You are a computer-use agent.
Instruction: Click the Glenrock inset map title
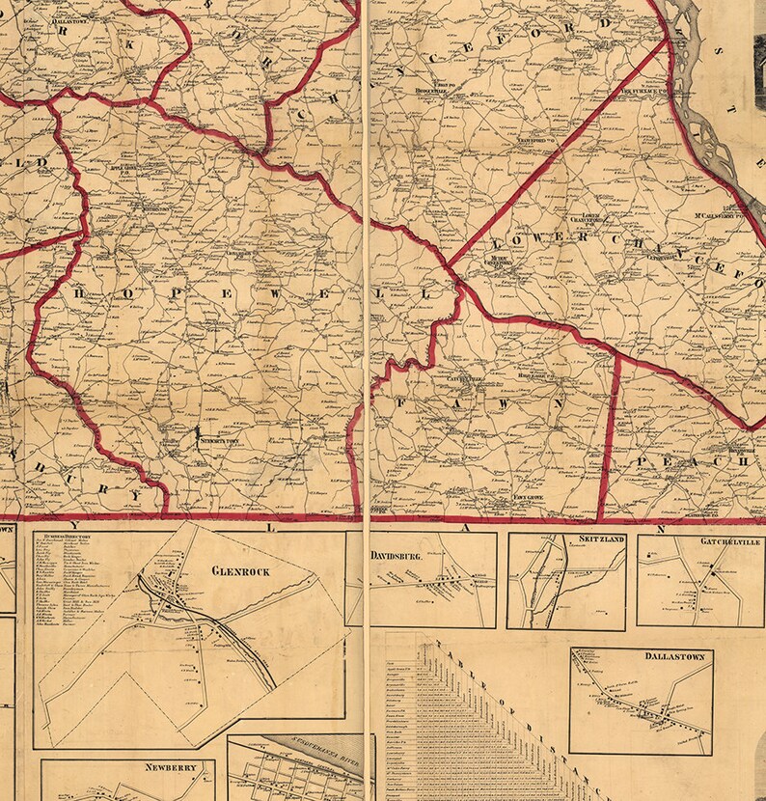(x=241, y=570)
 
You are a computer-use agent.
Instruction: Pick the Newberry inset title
(x=171, y=768)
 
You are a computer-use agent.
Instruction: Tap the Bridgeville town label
(x=432, y=93)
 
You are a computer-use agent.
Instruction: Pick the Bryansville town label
(x=725, y=450)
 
